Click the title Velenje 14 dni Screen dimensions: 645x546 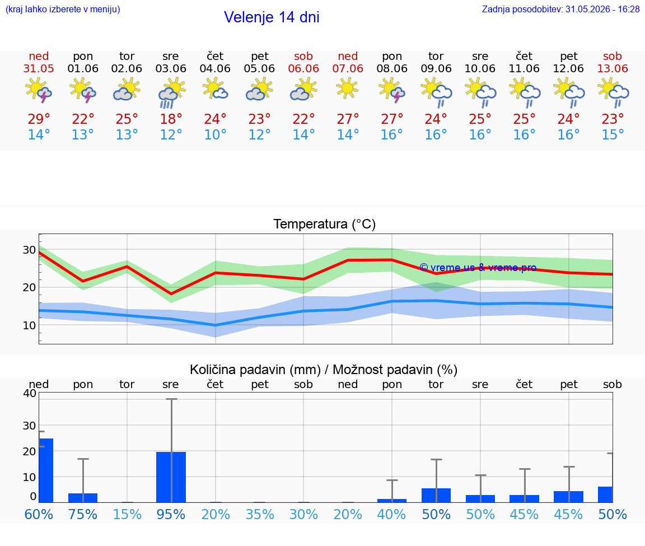[x=272, y=17]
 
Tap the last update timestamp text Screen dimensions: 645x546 [x=560, y=9]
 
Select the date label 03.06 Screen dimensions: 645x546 [x=171, y=69]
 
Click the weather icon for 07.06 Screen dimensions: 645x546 [x=347, y=88]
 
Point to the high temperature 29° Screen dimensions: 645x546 [x=39, y=119]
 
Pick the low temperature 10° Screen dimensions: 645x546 [x=215, y=134]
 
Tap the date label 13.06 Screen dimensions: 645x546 [x=613, y=69]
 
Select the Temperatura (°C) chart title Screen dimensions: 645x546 [x=325, y=224]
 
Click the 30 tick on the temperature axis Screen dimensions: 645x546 [x=29, y=250]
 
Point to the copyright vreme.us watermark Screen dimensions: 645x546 [x=478, y=268]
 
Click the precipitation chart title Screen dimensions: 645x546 [x=324, y=370]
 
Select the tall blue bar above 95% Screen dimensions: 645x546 [x=171, y=477]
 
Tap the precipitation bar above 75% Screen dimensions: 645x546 [x=83, y=498]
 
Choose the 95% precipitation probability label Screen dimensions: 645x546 [x=171, y=515]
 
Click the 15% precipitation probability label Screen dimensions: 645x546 [x=127, y=515]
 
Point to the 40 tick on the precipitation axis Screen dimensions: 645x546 [x=30, y=393]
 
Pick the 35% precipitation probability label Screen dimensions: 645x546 [x=260, y=515]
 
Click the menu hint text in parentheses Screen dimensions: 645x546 [x=63, y=9]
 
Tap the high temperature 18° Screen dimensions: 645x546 [x=171, y=119]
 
